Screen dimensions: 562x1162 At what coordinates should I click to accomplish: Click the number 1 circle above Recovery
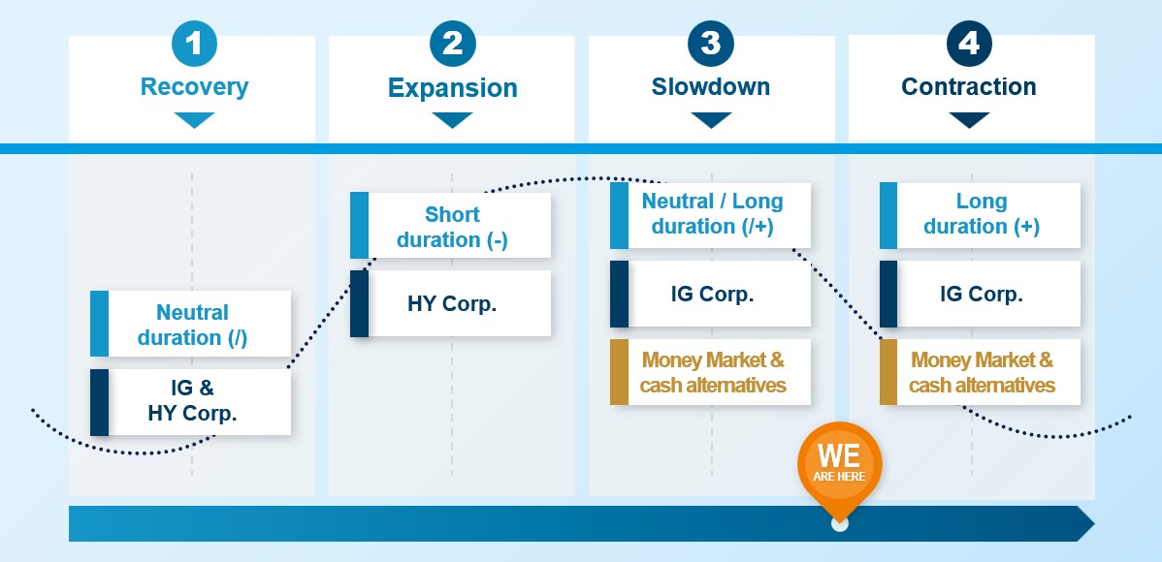coord(194,43)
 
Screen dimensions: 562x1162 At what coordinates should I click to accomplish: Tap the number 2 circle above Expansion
coord(452,43)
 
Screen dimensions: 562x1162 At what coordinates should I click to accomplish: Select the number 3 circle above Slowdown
coord(711,43)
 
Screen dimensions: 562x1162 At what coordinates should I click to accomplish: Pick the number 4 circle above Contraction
coord(969,43)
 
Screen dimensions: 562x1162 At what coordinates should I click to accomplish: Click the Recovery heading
coord(194,86)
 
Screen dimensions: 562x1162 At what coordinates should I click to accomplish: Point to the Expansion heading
coord(452,88)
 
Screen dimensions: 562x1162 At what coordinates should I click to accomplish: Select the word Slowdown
coord(711,86)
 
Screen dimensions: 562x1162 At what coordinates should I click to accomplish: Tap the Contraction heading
coord(969,86)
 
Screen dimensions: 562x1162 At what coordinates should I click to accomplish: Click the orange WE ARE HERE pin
coord(839,462)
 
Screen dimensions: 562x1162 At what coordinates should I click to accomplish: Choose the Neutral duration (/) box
coord(191,325)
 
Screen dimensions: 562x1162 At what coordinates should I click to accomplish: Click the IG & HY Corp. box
coord(191,402)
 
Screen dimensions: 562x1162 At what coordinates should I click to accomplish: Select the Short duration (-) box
coord(451,226)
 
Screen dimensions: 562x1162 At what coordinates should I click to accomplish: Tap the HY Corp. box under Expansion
coord(451,303)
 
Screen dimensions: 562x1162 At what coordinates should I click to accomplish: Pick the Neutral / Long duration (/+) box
coord(711,214)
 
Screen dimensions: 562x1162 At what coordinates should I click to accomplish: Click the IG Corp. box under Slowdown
coord(711,294)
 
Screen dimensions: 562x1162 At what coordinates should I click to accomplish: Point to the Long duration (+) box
coord(981,214)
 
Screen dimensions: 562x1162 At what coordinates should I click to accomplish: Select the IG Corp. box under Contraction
coord(981,294)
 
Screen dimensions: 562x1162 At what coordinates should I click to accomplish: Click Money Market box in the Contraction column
coord(981,372)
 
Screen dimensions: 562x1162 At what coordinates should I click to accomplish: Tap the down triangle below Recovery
coord(194,120)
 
